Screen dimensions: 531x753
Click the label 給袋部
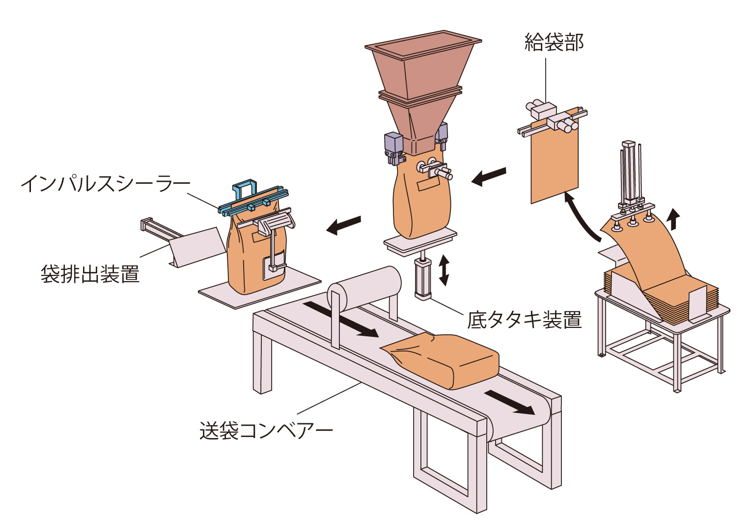click(x=554, y=43)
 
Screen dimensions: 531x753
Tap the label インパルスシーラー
click(x=105, y=184)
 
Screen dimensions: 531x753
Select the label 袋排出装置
click(x=90, y=274)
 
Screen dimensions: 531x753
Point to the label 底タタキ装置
click(x=524, y=320)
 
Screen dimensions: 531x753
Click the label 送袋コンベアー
click(x=266, y=431)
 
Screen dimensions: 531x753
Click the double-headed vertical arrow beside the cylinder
click(x=444, y=270)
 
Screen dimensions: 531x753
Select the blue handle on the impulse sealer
click(x=245, y=189)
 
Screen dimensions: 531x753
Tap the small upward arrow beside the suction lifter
click(x=674, y=218)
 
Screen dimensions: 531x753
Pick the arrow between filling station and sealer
click(x=344, y=225)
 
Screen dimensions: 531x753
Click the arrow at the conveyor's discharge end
click(x=509, y=402)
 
